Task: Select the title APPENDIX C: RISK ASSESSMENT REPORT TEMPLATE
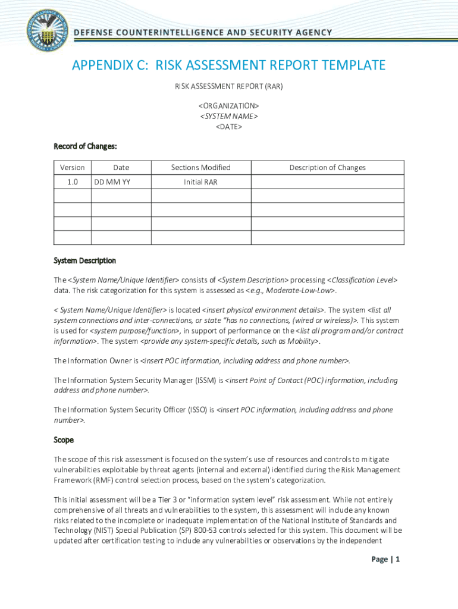tap(229, 65)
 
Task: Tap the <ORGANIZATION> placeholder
tap(229, 105)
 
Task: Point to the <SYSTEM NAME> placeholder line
tap(229, 116)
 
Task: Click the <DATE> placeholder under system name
tap(229, 127)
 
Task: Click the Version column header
tap(73, 168)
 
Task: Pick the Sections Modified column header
tap(200, 168)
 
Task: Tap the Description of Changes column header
tap(327, 168)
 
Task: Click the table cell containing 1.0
tap(73, 182)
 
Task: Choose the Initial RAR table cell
tap(200, 182)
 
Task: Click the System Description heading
tap(85, 260)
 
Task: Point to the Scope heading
tap(64, 440)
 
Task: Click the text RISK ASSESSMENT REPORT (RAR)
tap(229, 87)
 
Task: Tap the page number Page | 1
tap(385, 559)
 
